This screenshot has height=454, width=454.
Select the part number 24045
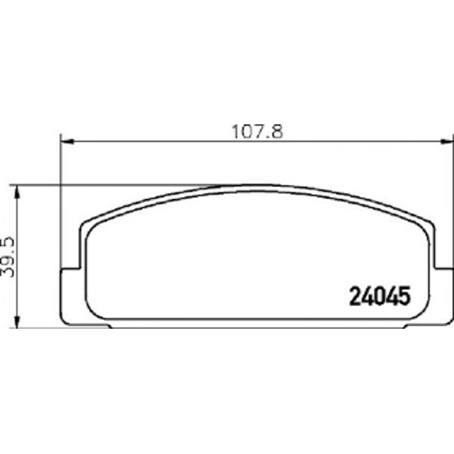pyautogui.click(x=380, y=296)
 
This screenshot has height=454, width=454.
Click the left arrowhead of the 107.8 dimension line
pyautogui.click(x=65, y=141)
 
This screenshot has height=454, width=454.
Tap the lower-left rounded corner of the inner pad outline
pyautogui.click(x=94, y=311)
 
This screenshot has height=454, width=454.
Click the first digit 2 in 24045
pyautogui.click(x=356, y=296)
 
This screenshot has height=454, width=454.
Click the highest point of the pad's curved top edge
pyautogui.click(x=256, y=184)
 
